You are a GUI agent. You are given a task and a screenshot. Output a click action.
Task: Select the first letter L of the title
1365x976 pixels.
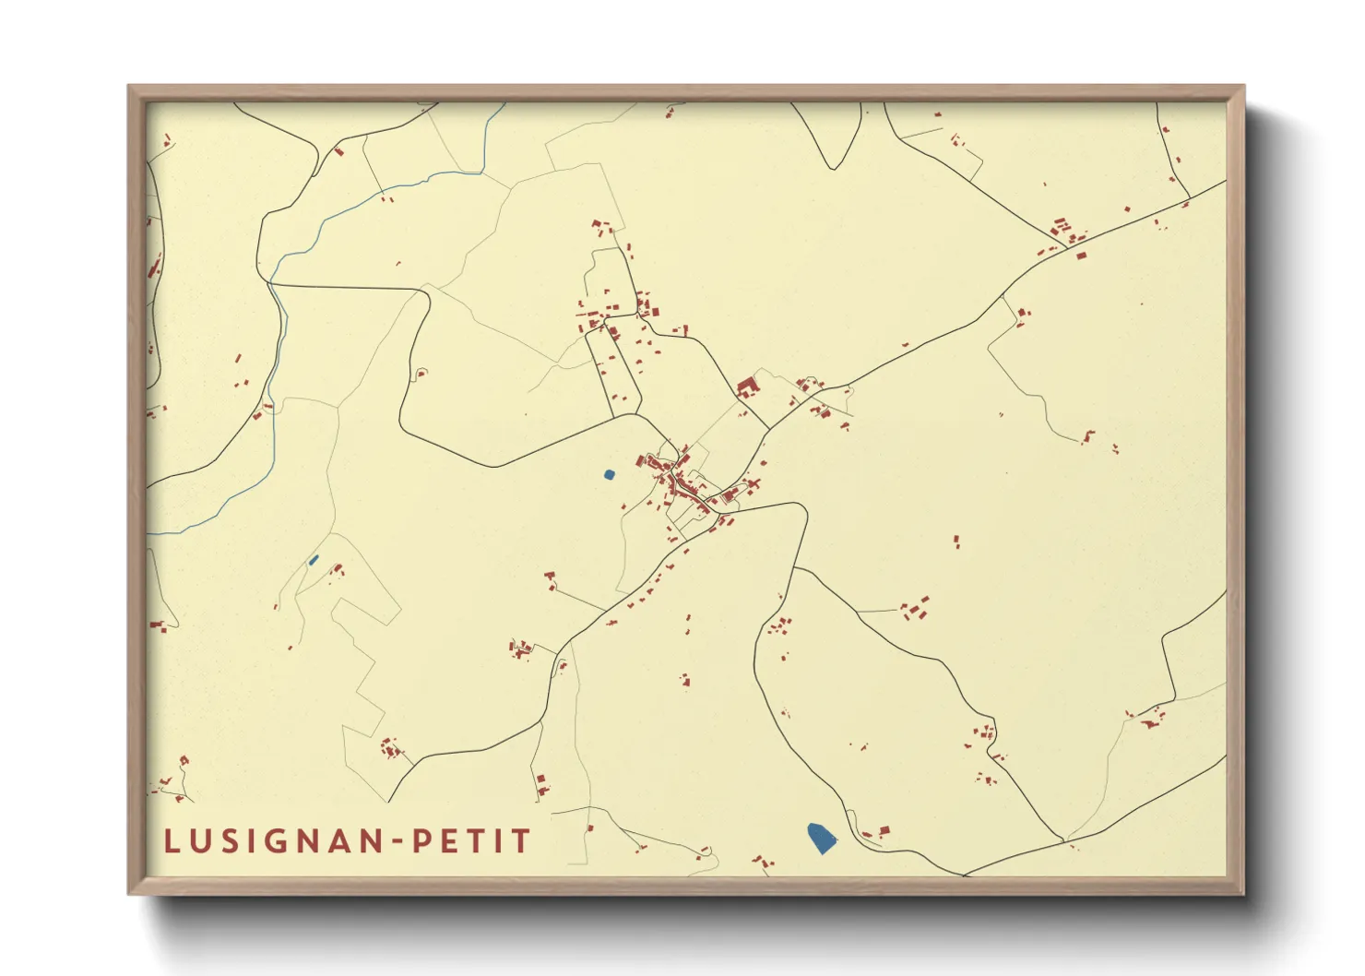[172, 841]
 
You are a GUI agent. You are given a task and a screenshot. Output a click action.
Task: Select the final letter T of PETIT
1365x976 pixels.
[522, 841]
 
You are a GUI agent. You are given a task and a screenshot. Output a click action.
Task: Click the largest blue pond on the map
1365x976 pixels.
[821, 838]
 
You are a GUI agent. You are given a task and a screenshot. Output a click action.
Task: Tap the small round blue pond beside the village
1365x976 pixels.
[609, 475]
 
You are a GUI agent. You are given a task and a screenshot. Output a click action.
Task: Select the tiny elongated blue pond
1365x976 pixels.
[314, 559]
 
